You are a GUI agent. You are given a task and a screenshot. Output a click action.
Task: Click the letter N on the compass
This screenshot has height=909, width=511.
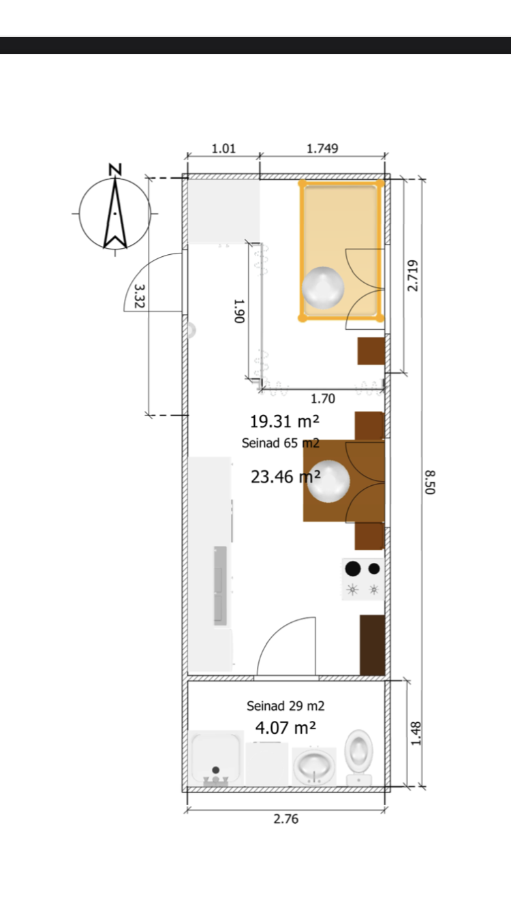tap(115, 170)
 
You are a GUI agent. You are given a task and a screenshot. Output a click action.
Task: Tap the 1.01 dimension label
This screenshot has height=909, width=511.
tap(223, 149)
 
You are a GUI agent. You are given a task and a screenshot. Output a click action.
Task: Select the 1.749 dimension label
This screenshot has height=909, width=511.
tap(322, 149)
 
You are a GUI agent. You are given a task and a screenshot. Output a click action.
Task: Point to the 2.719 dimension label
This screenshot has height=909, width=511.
tap(412, 275)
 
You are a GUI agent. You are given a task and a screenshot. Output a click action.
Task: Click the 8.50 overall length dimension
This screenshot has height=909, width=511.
tap(430, 482)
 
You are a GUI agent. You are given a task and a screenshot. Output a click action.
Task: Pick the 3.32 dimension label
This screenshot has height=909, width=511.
tap(140, 296)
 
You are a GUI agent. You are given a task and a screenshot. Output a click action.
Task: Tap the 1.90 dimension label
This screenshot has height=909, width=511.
tap(239, 311)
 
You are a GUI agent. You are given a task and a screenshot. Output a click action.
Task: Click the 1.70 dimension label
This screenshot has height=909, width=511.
tap(323, 399)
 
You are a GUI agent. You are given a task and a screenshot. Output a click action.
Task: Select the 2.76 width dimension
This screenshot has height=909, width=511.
tap(285, 819)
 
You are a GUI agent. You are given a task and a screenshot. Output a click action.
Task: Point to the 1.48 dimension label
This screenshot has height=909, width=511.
tap(416, 733)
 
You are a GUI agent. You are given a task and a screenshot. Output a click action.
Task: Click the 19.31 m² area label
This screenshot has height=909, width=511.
tap(285, 421)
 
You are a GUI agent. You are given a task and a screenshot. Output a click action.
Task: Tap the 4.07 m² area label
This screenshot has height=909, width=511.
tap(285, 728)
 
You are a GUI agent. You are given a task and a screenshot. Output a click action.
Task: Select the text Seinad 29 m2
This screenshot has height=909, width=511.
tap(285, 706)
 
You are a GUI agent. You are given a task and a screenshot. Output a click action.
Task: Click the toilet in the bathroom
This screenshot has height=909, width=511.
tap(359, 757)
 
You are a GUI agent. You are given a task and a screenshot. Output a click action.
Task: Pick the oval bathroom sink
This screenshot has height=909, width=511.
tap(315, 766)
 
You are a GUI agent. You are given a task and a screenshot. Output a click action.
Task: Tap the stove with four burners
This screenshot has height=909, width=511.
tap(363, 579)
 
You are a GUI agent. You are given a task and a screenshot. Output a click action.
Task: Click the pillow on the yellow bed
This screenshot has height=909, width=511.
tap(323, 288)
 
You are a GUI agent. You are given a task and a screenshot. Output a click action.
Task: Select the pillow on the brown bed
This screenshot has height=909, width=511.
tap(328, 481)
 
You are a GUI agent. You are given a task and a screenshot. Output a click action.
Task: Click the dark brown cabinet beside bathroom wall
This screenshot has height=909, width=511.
tap(372, 645)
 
